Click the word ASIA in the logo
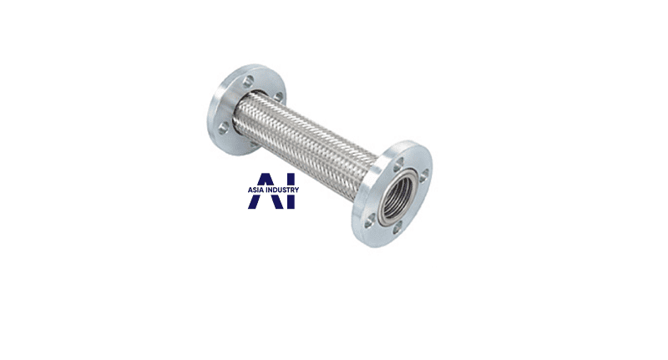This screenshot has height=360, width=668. pos(256,190)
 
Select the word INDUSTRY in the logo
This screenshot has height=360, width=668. pos(282,190)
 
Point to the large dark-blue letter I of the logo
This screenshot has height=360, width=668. pos(291,191)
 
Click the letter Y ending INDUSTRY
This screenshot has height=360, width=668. pos(297,190)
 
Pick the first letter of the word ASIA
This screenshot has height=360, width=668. pos(250,190)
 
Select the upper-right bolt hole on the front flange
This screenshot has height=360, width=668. pos(423,176)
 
